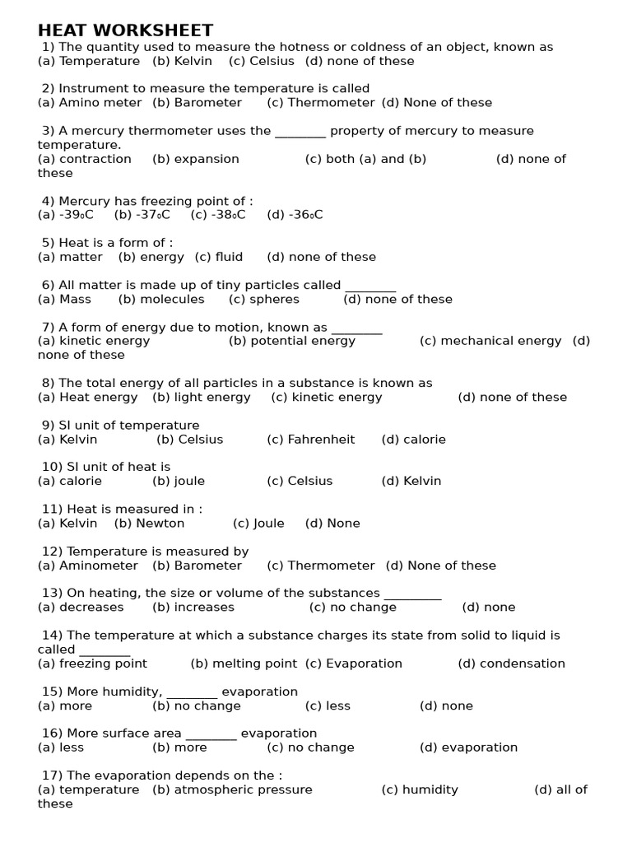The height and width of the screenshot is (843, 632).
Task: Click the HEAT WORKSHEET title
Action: [x=125, y=30]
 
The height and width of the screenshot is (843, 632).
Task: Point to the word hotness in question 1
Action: [x=332, y=47]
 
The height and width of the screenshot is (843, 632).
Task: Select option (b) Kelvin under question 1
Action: [x=182, y=61]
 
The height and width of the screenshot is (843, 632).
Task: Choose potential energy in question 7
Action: [x=292, y=341]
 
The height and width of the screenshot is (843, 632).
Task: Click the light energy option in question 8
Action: [x=202, y=397]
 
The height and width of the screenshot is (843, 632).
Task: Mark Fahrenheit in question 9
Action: [x=311, y=440]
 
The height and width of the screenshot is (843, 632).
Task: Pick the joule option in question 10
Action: [x=179, y=481]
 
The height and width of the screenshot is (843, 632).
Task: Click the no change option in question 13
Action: [x=353, y=607]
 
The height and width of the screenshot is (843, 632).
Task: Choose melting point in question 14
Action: [x=244, y=664]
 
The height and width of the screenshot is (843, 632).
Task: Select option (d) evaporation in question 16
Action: [x=469, y=748]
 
